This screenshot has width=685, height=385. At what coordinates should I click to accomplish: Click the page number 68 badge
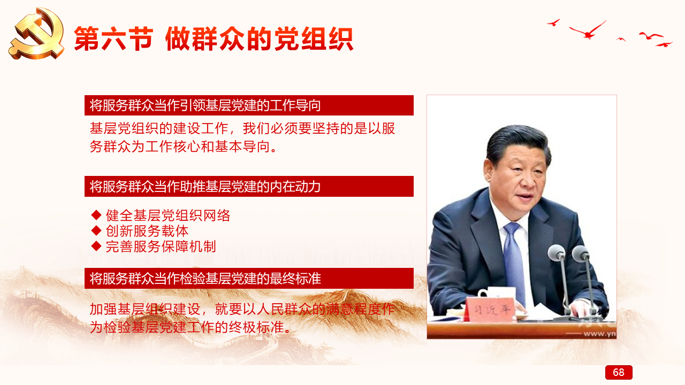tap(619, 372)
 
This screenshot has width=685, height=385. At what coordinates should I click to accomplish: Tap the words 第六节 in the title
tap(113, 39)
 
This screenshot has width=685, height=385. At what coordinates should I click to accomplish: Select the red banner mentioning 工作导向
tap(249, 105)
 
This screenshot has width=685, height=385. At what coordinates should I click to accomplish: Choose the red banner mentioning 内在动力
tap(249, 187)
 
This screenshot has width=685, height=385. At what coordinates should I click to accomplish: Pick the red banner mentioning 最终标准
tap(249, 279)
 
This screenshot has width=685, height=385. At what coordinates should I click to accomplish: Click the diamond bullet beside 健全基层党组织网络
tap(96, 215)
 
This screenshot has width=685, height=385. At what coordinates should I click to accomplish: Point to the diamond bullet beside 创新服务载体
tap(96, 230)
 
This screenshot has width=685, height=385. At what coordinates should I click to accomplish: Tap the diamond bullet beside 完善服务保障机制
tap(96, 247)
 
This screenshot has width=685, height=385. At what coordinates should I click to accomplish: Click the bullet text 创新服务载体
tap(147, 231)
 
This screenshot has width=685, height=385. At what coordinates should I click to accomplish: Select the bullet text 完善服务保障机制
tap(161, 247)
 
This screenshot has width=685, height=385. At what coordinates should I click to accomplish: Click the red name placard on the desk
tap(489, 309)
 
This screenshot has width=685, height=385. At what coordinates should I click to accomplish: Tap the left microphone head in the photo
tap(557, 253)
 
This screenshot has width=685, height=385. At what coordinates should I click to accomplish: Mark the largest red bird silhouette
tap(588, 30)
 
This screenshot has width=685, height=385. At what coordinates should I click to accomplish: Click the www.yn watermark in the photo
tap(600, 334)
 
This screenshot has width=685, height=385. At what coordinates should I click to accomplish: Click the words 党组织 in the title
tap(314, 39)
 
